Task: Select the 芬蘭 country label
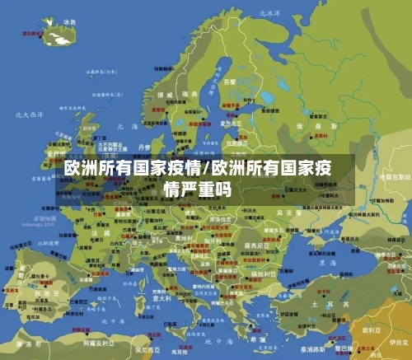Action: pos(230,82)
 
